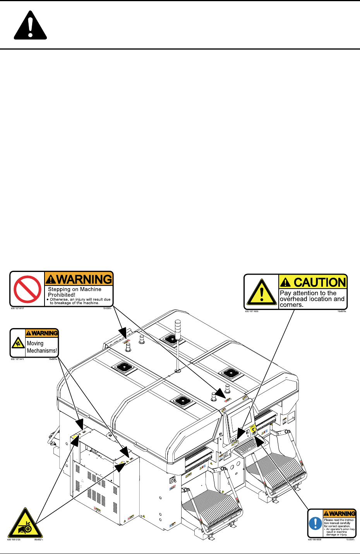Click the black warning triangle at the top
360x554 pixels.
[30, 26]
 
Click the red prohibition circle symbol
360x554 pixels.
[27, 289]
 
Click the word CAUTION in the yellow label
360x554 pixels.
[319, 282]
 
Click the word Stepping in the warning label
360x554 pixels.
[58, 289]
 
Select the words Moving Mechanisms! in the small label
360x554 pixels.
[42, 347]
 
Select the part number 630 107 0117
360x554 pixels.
[17, 309]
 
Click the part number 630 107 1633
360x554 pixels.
[252, 311]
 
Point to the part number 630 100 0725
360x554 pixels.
[14, 540]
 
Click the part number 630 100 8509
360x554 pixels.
[315, 539]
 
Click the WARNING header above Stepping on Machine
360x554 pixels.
[79, 279]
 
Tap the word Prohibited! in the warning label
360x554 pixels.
[62, 295]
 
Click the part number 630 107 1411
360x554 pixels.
[17, 360]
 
